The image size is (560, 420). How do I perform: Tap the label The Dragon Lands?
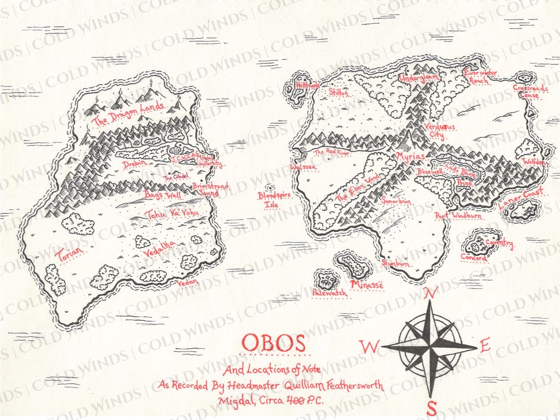coord(129,113)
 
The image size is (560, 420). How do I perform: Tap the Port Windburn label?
coord(458,216)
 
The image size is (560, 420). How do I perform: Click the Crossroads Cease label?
coord(530,91)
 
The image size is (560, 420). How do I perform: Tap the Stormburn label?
coord(396,263)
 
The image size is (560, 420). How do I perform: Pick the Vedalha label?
coord(159,249)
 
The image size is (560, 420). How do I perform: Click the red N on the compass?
coord(431,293)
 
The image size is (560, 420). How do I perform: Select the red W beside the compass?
coord(369,346)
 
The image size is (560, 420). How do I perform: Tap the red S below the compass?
coord(431,408)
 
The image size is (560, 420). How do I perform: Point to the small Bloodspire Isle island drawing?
coord(270,188)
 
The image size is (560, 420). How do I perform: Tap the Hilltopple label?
coord(308,85)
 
